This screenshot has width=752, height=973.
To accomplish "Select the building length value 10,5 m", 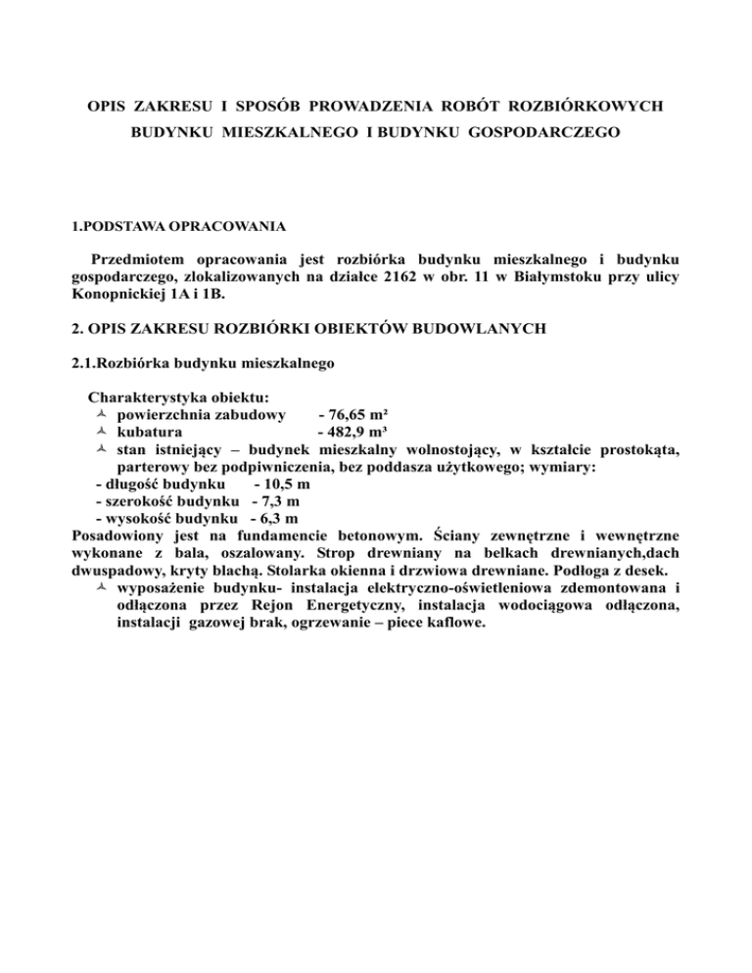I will (x=281, y=486).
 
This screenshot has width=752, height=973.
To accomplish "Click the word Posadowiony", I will (x=118, y=537).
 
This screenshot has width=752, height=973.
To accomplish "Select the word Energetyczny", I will (x=399, y=607).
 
